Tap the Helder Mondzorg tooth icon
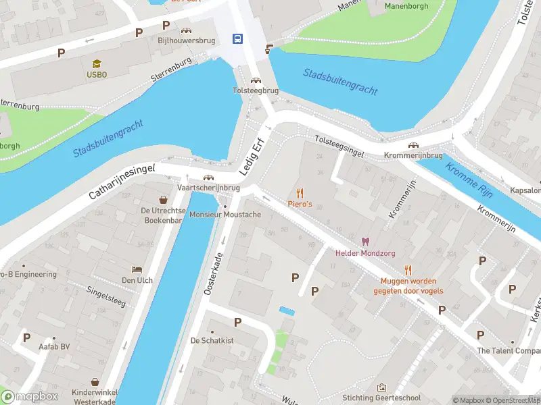366,242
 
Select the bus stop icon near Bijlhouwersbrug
238,38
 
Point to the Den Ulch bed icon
137,269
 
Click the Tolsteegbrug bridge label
256,90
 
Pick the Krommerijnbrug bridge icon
413,145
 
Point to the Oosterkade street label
214,274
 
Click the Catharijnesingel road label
122,182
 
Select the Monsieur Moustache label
225,215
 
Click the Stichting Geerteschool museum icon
382,387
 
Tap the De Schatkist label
212,340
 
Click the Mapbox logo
29,396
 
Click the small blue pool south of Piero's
287,310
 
